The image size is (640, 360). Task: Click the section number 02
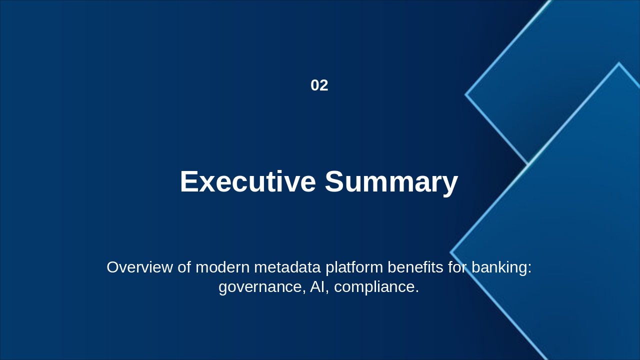[x=319, y=85]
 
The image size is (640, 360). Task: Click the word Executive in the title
[x=247, y=181]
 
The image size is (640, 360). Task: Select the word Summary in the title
[x=391, y=181]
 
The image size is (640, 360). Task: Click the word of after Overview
[x=184, y=267]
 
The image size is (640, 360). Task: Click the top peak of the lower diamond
[x=618, y=63]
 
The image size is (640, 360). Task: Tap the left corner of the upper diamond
[x=466, y=94]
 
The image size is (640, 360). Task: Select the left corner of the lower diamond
[x=451, y=252]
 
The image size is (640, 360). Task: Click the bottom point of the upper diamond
[x=528, y=163]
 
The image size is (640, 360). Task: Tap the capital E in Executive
[x=189, y=181]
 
